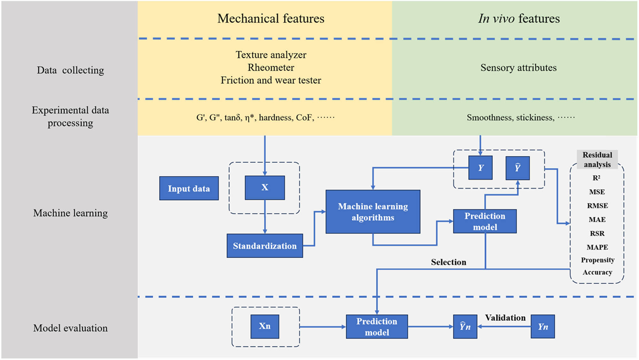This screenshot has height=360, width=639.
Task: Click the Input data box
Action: tap(189, 188)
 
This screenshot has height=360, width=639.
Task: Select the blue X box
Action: tap(265, 188)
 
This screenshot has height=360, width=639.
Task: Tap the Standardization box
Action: tap(265, 246)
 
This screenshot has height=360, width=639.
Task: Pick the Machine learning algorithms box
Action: tap(373, 212)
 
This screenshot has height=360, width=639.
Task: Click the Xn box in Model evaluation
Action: tap(265, 326)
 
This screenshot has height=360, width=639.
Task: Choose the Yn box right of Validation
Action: tap(543, 326)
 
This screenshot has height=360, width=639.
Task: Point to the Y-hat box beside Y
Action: tap(517, 168)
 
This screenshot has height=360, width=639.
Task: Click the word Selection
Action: tap(448, 262)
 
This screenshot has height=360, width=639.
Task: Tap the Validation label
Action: tap(505, 318)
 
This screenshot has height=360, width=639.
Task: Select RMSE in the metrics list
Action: tap(597, 206)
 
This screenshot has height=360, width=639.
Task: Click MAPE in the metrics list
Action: tap(597, 247)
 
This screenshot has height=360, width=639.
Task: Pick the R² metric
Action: tap(597, 178)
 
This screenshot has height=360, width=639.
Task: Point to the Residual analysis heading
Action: tap(597, 159)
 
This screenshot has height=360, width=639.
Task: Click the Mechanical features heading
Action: tap(271, 19)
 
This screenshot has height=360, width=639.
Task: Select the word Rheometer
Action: tap(271, 67)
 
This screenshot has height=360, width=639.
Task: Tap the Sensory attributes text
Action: tap(518, 68)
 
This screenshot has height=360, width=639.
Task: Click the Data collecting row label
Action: tap(70, 70)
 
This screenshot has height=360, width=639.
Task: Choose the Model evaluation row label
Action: tap(70, 328)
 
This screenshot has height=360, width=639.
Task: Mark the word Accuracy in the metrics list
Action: tap(597, 272)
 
